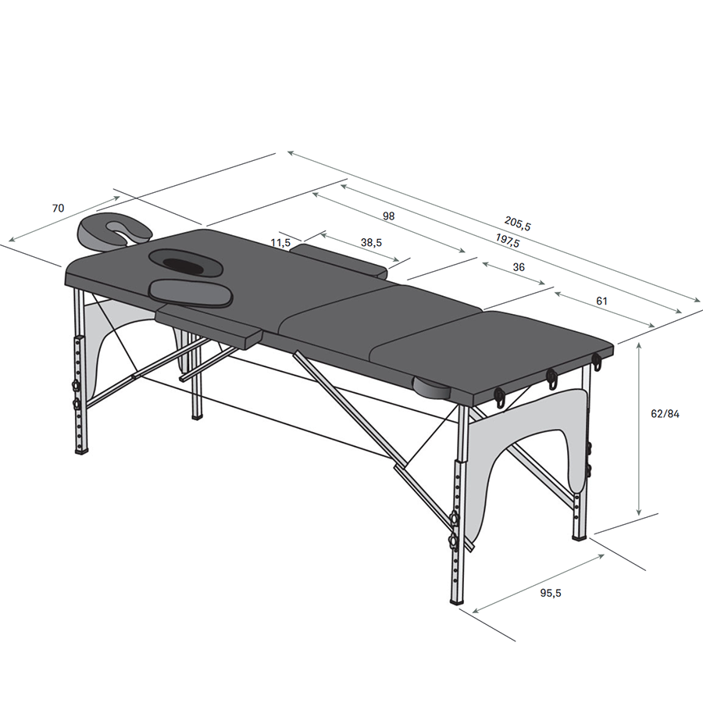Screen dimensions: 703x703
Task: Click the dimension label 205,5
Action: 517,223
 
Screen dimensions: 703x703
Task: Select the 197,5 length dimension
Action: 508,241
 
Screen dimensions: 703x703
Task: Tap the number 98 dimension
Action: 389,216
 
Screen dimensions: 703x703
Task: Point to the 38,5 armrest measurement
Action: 371,243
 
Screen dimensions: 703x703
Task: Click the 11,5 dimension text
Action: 280,243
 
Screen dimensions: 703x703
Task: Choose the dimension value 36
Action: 519,267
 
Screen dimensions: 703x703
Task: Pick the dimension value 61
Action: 601,302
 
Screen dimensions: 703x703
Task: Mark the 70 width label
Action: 59,208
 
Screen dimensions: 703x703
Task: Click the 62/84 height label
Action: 665,414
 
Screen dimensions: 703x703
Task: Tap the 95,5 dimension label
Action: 551,593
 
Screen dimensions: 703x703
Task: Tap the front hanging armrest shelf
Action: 209,325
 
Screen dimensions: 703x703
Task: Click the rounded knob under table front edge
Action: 432,387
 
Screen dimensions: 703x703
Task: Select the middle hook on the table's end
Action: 551,378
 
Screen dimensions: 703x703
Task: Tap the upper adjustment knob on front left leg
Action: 75,386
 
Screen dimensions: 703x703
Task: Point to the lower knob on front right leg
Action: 455,541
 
